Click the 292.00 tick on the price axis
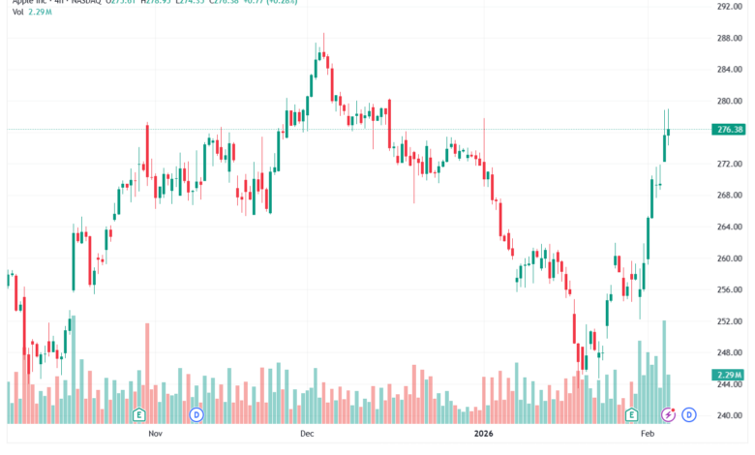click(728, 7)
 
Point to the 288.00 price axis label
click(728, 38)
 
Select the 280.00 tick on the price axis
click(728, 101)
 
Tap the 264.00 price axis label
click(728, 227)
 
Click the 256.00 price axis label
click(728, 289)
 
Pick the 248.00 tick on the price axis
click(728, 352)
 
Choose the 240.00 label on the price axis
click(728, 415)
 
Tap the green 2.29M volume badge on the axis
click(729, 375)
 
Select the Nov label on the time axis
click(155, 436)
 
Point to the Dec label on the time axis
click(308, 436)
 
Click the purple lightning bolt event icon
click(668, 414)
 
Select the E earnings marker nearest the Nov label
click(139, 414)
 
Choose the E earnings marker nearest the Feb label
click(631, 414)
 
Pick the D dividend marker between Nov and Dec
click(196, 414)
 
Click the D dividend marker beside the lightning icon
click(689, 414)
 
